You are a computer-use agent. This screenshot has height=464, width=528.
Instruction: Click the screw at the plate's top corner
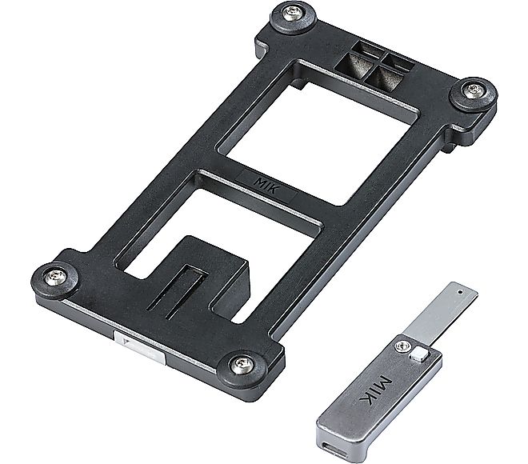291,14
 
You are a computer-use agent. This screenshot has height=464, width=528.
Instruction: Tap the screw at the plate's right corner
474,90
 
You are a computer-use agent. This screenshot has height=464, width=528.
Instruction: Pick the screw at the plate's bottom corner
241,365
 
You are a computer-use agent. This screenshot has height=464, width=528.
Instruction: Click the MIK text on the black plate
266,186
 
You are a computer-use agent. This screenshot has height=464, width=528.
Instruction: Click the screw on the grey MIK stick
403,346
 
